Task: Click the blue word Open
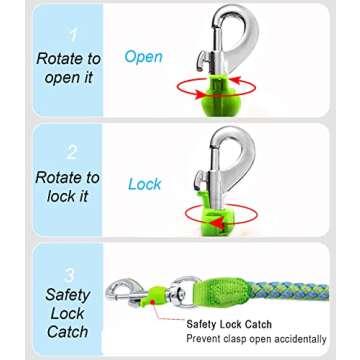[x=142, y=57]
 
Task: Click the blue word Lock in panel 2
[x=145, y=184]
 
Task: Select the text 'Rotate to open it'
[x=68, y=68]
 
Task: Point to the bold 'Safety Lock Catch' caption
[x=229, y=325]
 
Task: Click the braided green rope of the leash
[x=300, y=295]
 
